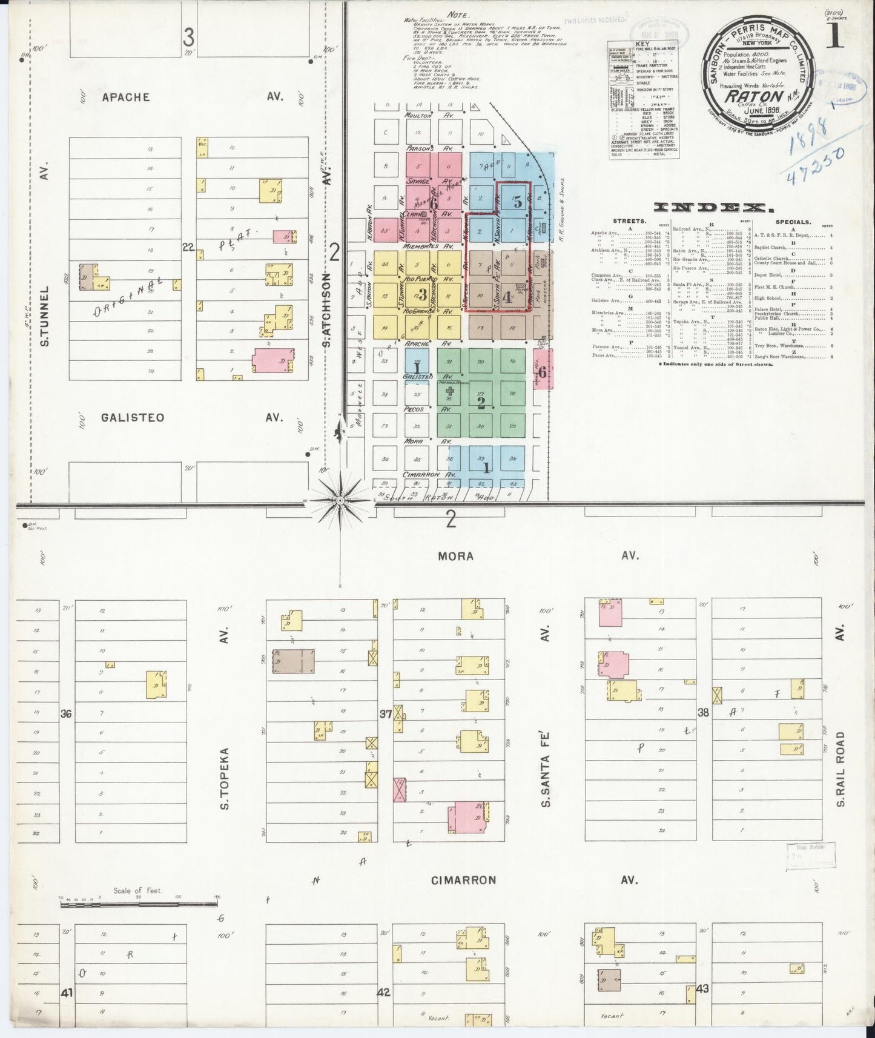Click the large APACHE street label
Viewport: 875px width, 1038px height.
125,97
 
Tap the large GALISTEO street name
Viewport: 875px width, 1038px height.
132,417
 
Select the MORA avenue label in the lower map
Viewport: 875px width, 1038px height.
457,556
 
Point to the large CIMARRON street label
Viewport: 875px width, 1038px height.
463,880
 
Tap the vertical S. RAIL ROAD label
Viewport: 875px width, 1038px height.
840,769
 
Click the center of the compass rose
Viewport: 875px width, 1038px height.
340,500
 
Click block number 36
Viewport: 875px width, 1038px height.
65,714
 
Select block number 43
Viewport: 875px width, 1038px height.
702,988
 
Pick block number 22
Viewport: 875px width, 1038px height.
188,246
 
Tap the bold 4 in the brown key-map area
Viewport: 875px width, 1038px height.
507,297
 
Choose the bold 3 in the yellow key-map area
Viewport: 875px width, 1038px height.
423,295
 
